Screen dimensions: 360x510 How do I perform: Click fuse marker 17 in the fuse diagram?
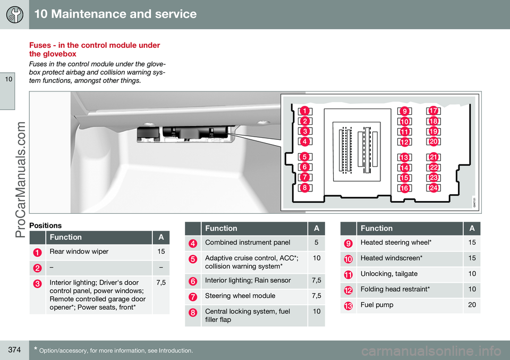(x=433, y=111)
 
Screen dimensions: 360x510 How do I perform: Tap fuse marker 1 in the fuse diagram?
(x=305, y=111)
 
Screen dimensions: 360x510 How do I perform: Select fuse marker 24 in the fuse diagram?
(x=433, y=188)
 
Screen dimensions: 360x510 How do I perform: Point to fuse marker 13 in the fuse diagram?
(x=404, y=158)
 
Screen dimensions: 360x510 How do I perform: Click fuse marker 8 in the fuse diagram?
(x=305, y=188)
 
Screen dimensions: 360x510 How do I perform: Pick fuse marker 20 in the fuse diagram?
(x=433, y=141)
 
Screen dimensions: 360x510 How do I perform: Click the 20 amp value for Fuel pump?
(x=472, y=305)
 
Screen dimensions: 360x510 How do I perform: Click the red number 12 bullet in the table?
(x=348, y=290)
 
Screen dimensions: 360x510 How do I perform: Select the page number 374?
(x=15, y=350)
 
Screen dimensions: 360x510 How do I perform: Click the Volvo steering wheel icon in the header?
(x=14, y=14)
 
